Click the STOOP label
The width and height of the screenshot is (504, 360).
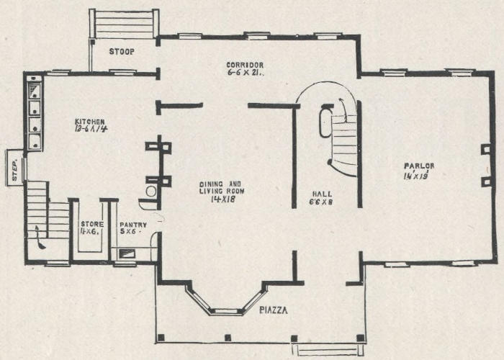click(122, 52)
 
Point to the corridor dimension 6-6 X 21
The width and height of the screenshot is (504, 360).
click(243, 74)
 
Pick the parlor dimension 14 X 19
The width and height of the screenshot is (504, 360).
click(416, 176)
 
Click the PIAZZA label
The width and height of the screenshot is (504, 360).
click(274, 310)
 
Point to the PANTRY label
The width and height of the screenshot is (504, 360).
click(133, 225)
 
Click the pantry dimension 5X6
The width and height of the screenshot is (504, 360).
click(130, 233)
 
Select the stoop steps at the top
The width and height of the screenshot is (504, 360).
click(123, 24)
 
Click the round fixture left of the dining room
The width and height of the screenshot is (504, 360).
click(150, 192)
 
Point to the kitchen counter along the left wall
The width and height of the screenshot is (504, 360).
click(34, 112)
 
